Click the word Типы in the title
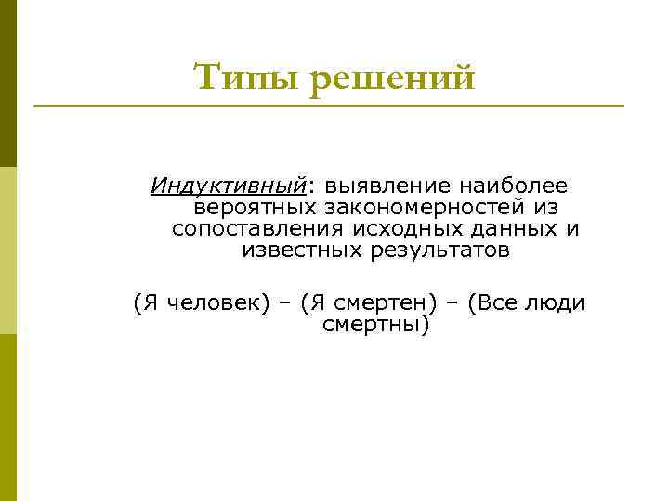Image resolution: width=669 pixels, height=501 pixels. coord(246,78)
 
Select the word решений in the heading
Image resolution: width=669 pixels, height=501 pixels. coord(391,78)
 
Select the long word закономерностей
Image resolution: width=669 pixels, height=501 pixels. coord(429,207)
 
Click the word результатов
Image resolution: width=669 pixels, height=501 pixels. coord(438,250)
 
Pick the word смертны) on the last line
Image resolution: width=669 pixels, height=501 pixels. coord(375,326)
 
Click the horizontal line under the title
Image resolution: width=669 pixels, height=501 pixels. coord(329,106)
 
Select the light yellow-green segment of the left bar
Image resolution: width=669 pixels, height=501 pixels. coord(8,250)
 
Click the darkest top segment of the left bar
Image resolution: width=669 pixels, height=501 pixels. coord(8,83)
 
